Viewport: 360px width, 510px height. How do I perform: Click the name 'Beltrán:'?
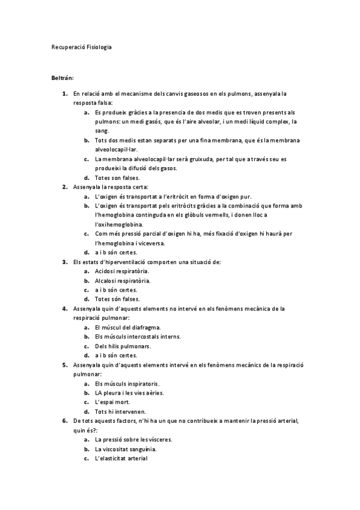pyautogui.click(x=63, y=78)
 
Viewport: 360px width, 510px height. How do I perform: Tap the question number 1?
pyautogui.click(x=64, y=94)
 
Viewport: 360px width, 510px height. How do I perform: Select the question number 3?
pyautogui.click(x=64, y=262)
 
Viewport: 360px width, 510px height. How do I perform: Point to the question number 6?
pyautogui.click(x=64, y=420)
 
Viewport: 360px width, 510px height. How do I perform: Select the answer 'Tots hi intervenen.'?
pyautogui.click(x=120, y=411)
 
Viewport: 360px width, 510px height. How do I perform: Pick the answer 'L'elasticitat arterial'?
pyautogui.click(x=121, y=458)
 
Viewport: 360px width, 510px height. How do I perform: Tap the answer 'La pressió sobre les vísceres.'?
pyautogui.click(x=133, y=440)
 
